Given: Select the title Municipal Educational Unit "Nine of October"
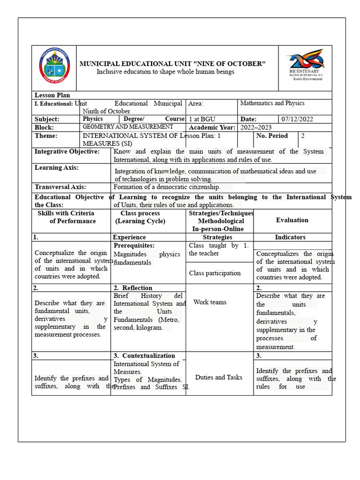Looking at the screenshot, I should [172, 64].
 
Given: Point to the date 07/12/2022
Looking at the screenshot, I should [297, 119].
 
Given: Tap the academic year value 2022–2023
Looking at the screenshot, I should [256, 127].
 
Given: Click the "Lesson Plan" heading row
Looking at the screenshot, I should [52, 95].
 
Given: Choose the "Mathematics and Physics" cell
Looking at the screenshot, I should [272, 103].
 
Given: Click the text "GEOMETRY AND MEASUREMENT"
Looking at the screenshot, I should [127, 127].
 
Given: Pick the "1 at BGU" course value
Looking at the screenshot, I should [202, 119].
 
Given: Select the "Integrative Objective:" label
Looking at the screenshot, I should [67, 151].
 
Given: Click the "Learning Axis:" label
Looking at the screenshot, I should [57, 167].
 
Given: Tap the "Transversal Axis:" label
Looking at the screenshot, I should [60, 187].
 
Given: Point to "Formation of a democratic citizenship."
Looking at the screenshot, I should [166, 187].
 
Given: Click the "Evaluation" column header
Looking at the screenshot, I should [292, 220].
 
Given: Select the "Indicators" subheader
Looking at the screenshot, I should [290, 237].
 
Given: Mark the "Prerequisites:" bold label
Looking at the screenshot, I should [134, 246].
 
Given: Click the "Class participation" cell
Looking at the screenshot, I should [215, 273].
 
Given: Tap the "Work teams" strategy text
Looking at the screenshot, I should [210, 302].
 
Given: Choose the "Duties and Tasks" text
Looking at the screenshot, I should [219, 377].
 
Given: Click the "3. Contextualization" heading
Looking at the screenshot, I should [144, 356].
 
